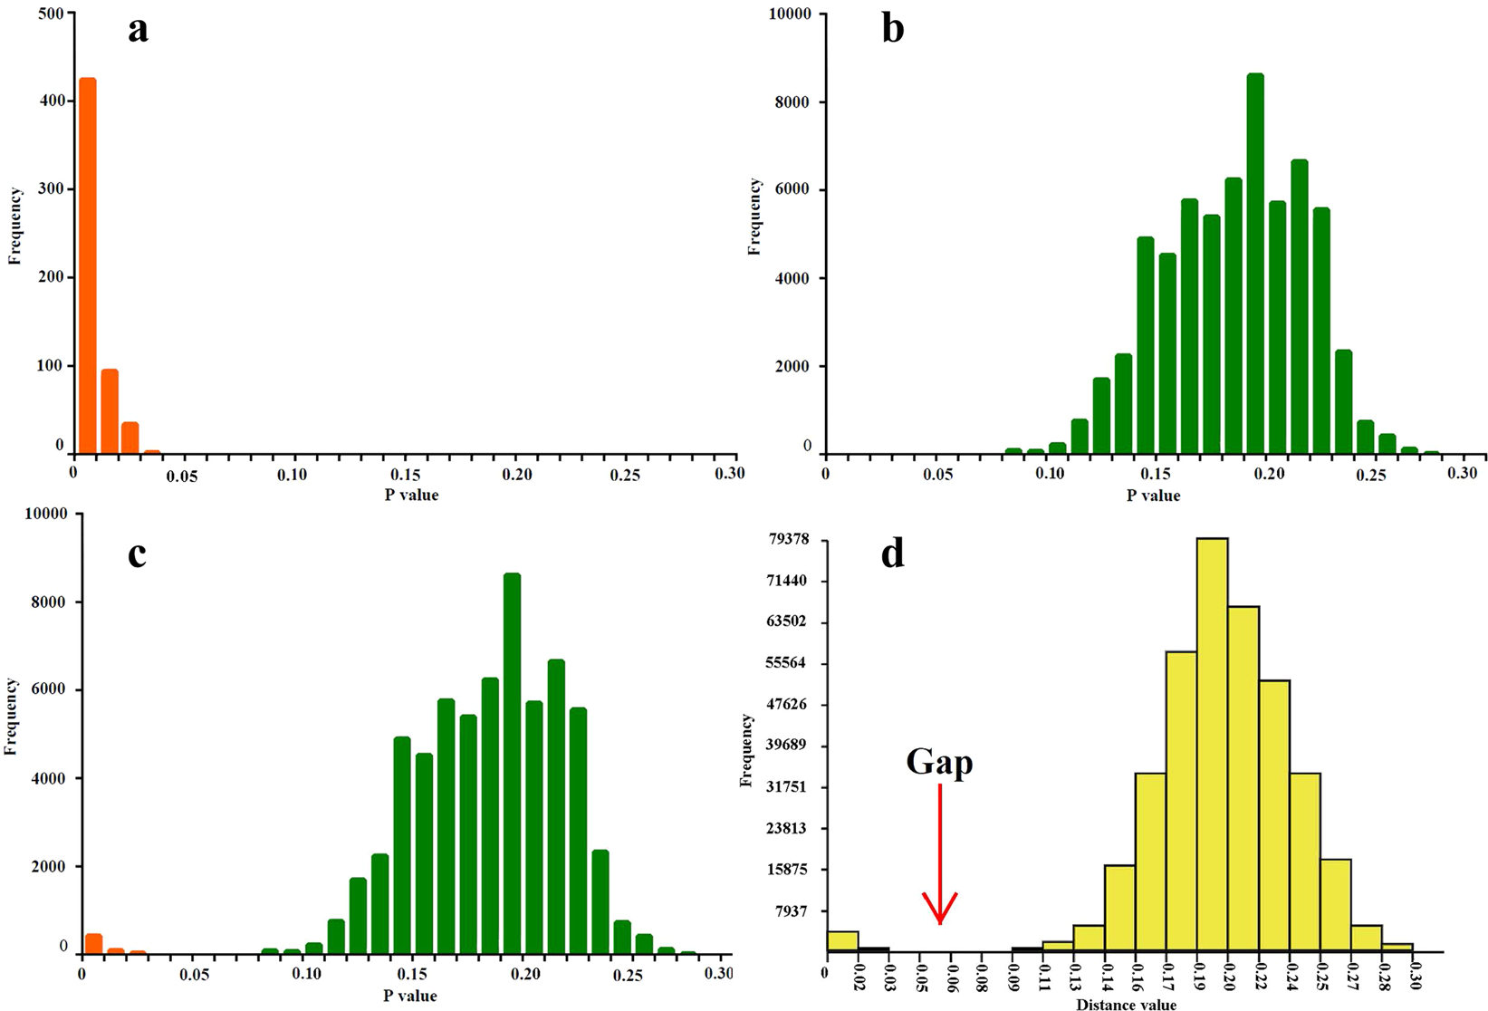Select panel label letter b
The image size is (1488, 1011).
coord(892,29)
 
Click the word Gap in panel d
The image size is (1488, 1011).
coord(939,762)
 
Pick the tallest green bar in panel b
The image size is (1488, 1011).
coord(1255,263)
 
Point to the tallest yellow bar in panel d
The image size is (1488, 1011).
coord(1212,743)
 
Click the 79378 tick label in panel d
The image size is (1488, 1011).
coord(787,540)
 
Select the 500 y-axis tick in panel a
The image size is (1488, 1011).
coord(51,14)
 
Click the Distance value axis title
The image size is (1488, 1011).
coord(1126,1004)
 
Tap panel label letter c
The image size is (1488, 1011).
coord(137,553)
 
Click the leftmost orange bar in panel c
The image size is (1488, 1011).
coord(93,944)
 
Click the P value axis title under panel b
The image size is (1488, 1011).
coord(1153,496)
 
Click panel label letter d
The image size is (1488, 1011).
coord(892,553)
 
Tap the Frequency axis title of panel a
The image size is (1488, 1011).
coord(14,226)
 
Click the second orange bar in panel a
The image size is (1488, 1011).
coord(110,410)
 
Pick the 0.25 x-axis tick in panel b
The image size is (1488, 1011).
coord(1368,474)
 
